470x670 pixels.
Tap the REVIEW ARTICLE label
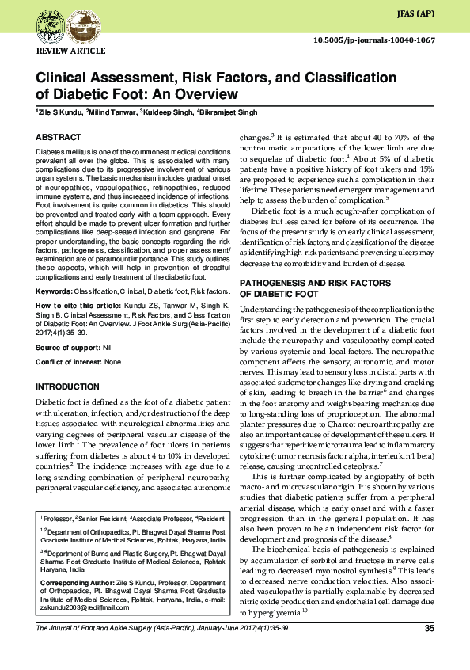(71, 51)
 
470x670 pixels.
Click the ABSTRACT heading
(58, 137)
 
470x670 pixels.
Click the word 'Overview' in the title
(203, 93)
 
